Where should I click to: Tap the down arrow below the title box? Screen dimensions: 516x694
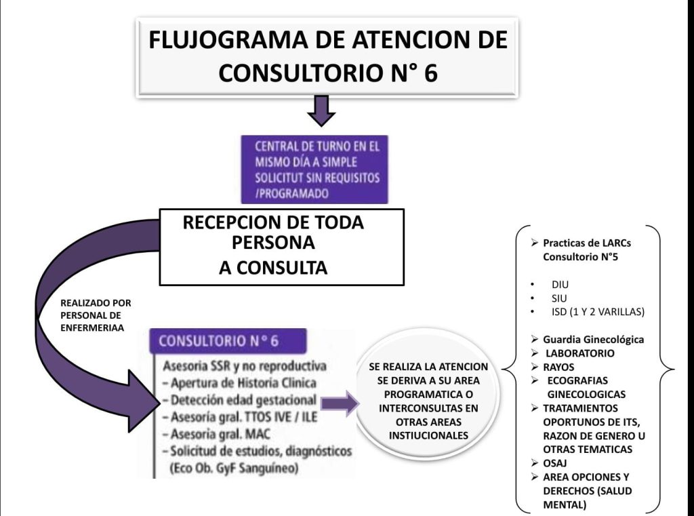coord(321,111)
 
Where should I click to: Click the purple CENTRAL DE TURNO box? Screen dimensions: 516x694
coord(314,170)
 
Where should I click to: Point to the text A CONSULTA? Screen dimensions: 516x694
coord(273,269)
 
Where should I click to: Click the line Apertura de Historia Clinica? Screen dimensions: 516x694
coord(244,383)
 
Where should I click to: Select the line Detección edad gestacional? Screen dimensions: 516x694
coord(243,400)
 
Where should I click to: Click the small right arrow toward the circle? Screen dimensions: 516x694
coord(338,405)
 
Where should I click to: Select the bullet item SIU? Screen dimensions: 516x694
coord(559,298)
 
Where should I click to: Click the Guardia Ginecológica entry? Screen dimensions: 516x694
coord(593,340)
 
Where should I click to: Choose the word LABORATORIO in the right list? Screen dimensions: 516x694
coord(580,353)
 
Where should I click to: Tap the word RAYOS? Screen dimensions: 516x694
coord(559,367)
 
